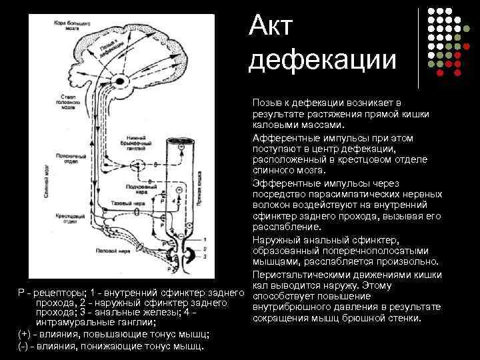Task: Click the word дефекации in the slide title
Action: (322, 59)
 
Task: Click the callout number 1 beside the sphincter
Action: (205, 239)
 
